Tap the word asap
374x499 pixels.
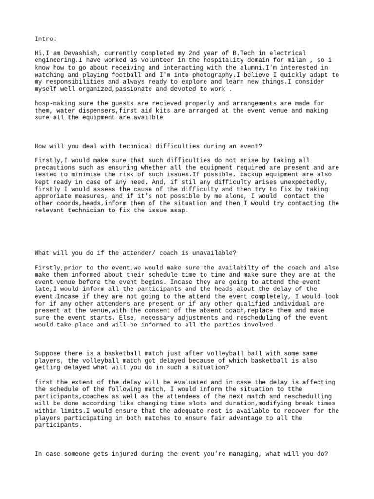(x=180, y=211)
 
